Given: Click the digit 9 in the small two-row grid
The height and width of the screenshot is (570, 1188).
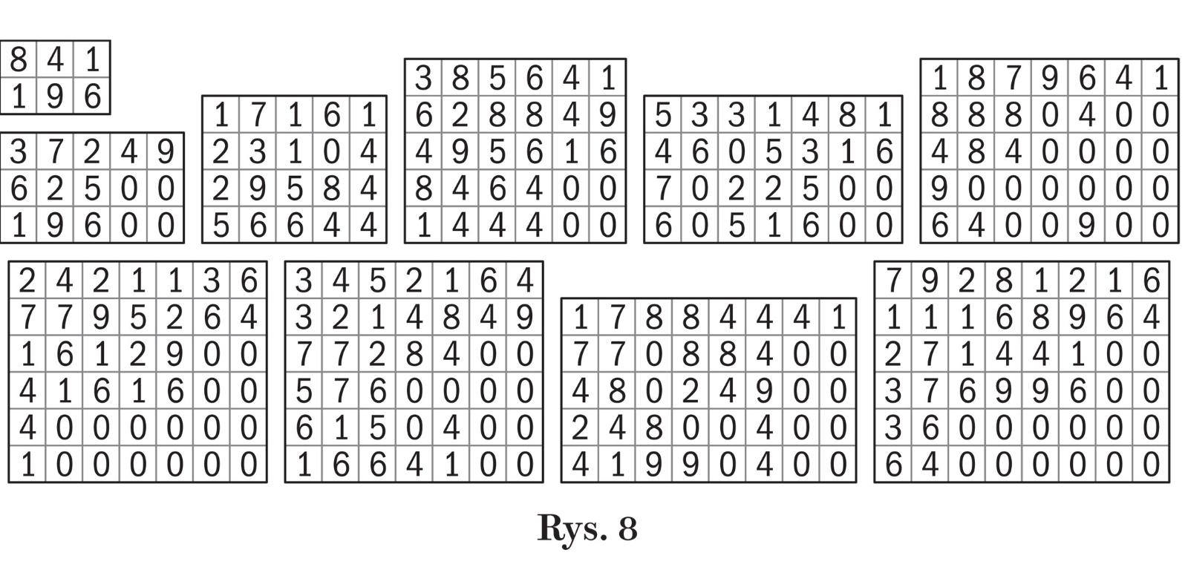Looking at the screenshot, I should click(55, 96).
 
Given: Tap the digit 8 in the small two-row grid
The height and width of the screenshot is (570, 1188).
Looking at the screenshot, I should click(19, 59).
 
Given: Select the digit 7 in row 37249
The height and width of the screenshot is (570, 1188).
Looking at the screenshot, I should click(55, 151).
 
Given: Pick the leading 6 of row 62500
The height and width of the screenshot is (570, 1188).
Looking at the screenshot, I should click(19, 189).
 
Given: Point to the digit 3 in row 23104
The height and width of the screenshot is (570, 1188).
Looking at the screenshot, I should click(257, 151).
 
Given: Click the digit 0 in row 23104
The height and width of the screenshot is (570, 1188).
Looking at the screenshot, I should click(331, 151).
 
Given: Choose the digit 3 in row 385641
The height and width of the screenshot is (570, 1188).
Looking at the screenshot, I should click(423, 77).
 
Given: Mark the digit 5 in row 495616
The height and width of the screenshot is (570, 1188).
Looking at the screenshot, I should click(497, 151).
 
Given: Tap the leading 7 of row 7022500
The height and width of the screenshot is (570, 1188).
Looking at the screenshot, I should click(662, 189).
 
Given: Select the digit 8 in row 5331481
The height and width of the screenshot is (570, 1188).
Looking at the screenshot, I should click(847, 114).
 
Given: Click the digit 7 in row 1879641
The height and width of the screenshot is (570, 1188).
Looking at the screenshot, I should click(1014, 77).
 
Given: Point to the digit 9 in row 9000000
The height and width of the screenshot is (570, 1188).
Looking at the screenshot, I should click(939, 189).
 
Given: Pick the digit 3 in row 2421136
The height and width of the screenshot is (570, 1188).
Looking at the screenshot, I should click(212, 281).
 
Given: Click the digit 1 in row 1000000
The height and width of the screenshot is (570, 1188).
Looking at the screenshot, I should click(27, 465).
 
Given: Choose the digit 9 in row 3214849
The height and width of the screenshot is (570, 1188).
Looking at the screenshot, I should click(524, 318).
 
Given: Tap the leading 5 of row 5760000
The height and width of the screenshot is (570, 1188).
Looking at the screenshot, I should click(303, 391).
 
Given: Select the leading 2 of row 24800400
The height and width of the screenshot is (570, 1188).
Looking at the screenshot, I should click(580, 428).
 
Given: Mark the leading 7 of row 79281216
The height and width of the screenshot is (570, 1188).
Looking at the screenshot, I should click(893, 281).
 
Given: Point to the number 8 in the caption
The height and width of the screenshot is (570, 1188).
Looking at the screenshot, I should click(627, 528).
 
